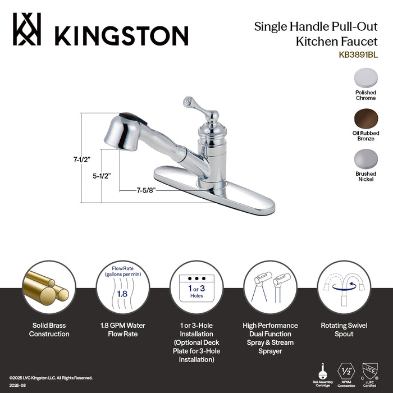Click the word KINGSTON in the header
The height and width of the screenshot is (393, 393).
click(121, 35)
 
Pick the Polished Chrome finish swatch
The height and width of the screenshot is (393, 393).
click(365, 78)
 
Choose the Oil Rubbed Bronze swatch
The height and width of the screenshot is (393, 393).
click(365, 118)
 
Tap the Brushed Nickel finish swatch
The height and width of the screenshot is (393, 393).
click(365, 159)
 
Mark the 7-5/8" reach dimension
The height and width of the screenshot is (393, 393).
click(145, 189)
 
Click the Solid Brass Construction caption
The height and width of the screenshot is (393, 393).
click(49, 330)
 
